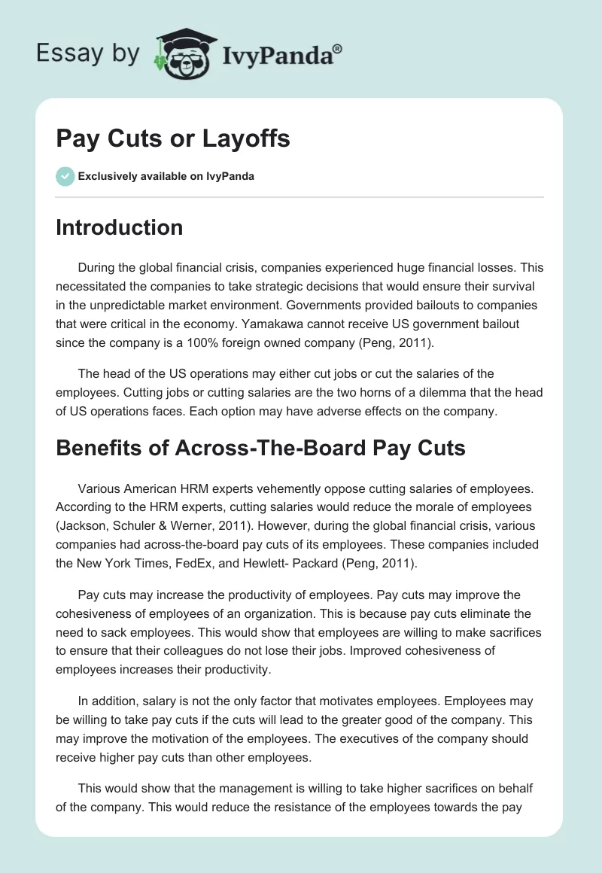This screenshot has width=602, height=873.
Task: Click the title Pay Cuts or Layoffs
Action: tap(173, 139)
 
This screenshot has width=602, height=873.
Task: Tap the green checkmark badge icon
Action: tap(65, 176)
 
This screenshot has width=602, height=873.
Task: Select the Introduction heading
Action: tap(119, 227)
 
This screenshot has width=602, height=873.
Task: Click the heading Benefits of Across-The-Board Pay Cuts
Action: tap(260, 448)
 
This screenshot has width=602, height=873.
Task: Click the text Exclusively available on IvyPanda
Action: tap(166, 176)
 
